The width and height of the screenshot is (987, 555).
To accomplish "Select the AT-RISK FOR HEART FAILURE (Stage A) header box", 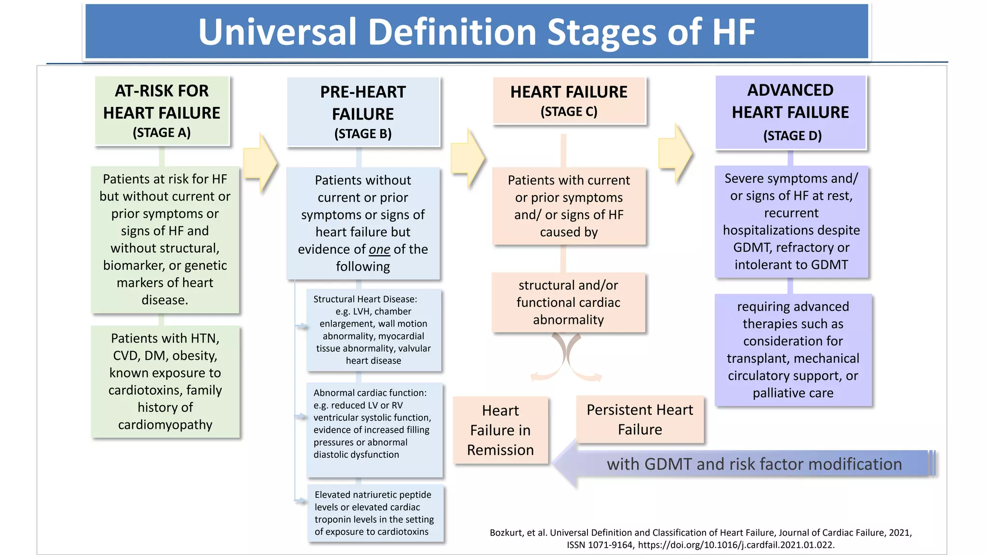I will (x=162, y=111).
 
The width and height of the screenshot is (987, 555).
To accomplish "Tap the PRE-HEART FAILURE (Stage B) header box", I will (x=363, y=112).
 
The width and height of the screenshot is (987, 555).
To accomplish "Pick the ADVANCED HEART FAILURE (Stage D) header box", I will (x=790, y=112).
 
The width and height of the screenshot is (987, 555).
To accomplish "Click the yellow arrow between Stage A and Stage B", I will (x=260, y=163).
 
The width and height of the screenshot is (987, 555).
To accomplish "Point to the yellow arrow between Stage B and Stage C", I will (x=467, y=158).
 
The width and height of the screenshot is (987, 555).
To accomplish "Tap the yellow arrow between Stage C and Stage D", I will (x=675, y=153).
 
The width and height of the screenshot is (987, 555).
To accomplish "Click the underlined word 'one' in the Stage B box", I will (x=379, y=250).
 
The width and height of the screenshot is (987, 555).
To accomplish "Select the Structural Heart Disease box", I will (x=373, y=330).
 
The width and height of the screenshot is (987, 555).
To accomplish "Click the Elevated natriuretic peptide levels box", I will (x=375, y=513).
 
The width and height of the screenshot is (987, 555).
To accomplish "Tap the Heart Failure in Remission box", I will (x=500, y=430).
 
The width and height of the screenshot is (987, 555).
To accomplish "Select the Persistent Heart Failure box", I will (x=640, y=420).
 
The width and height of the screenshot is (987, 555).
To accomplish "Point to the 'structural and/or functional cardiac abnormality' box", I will (x=568, y=303).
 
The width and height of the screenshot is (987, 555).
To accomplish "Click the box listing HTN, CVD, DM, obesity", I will (x=165, y=382).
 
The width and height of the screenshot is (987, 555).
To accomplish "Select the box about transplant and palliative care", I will (x=793, y=350).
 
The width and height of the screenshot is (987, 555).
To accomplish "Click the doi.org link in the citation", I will (x=736, y=545).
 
